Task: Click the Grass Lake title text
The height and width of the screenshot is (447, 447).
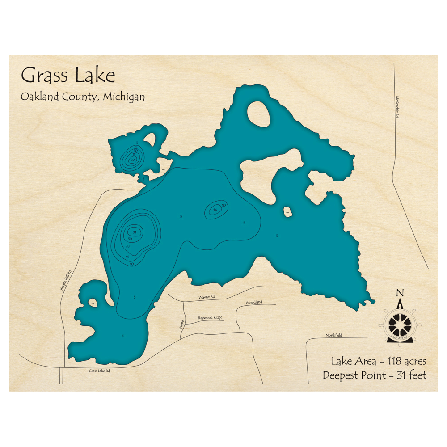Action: [68, 75]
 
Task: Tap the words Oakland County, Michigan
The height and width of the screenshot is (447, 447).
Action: [83, 97]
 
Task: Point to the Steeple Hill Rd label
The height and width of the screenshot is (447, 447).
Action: [66, 281]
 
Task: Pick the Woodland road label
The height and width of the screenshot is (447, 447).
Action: [253, 303]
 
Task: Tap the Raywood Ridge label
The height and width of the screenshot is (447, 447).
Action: [210, 318]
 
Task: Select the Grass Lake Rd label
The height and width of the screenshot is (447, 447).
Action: [99, 371]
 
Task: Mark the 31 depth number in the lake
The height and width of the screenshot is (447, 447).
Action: [134, 232]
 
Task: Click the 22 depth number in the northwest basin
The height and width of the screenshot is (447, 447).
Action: [133, 160]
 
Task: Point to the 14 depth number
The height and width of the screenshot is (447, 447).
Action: [215, 210]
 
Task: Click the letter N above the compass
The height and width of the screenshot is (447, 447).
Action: [400, 293]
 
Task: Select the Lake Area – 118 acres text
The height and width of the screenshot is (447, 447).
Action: [379, 361]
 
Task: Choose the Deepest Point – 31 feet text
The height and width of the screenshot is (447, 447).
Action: [374, 375]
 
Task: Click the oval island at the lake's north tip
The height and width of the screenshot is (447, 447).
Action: [258, 114]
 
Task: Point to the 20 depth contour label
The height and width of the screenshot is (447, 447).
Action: [128, 246]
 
